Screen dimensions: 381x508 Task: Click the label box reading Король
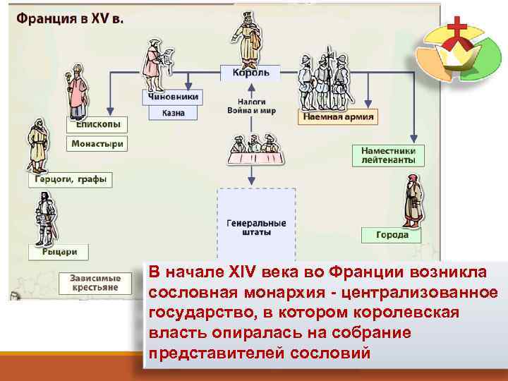250,73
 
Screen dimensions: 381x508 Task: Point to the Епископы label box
97,124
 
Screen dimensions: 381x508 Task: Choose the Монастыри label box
97,144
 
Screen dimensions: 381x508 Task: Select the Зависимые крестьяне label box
95,282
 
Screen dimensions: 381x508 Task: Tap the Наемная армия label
338,116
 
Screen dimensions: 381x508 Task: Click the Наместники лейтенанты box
388,155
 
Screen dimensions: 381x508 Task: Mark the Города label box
391,234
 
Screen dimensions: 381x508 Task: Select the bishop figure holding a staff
78,92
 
